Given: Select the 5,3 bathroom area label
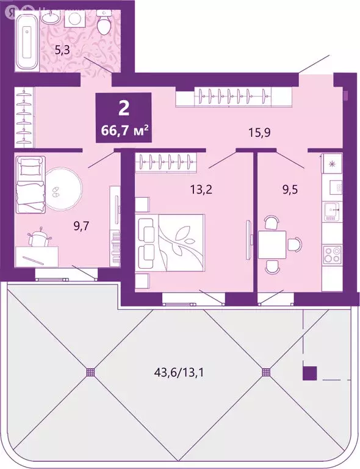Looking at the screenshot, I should [x=62, y=50].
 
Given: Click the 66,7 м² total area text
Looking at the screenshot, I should [x=124, y=129].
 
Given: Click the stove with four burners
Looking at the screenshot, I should [x=332, y=252].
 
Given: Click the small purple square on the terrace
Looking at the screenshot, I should [x=310, y=372].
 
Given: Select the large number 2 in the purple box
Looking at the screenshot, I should [x=124, y=108].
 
